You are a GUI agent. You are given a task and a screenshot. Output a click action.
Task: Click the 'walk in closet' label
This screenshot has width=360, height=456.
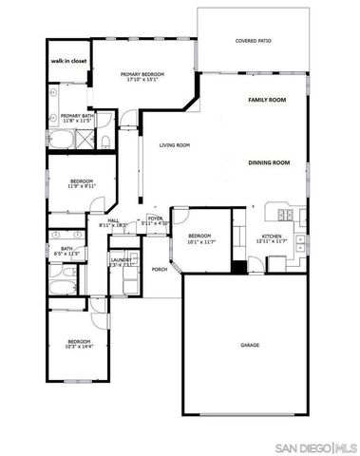tap(68, 61)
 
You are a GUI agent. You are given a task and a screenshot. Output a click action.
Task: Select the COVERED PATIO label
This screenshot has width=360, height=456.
tap(254, 42)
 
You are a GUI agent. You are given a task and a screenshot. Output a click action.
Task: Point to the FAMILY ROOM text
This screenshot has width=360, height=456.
tap(268, 100)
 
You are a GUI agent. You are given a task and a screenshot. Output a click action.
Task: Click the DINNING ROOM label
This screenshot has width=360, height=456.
tap(269, 163)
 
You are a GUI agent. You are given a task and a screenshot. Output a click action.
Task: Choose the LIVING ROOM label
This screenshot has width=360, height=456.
tap(175, 145)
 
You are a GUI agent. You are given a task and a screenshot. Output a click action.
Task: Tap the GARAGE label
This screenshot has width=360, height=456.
tap(250, 345)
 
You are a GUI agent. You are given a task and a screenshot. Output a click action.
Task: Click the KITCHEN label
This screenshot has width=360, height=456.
tap(272, 237)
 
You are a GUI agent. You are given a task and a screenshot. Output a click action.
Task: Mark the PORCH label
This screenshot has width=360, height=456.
tap(160, 269)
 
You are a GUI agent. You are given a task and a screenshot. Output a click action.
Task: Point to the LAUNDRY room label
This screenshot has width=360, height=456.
tap(121, 259)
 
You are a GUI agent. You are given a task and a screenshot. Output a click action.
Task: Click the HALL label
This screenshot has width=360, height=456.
tap(113, 220)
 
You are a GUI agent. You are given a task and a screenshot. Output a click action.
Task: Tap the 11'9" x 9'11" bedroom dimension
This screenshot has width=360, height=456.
tap(80, 186)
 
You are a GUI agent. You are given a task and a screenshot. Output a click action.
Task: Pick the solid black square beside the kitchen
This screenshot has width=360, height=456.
tap(238, 265)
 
